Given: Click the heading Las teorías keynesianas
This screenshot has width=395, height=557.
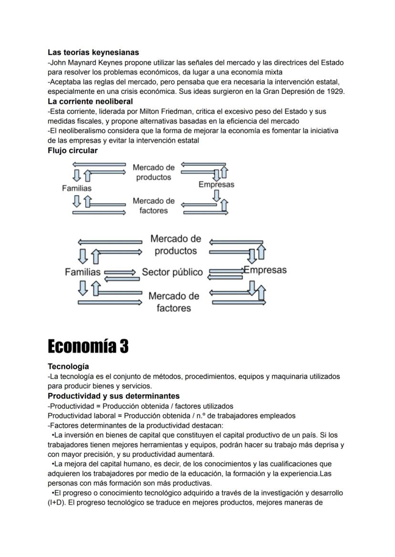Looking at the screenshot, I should [x=94, y=52].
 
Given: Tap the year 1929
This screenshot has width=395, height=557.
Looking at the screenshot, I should [x=335, y=91].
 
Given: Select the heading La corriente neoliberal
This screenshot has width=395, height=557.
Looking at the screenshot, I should [x=90, y=101].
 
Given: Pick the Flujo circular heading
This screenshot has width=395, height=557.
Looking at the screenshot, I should [x=73, y=151].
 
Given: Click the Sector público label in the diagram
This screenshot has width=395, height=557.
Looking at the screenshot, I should [x=172, y=273].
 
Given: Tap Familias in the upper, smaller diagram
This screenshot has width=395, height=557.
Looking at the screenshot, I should [x=77, y=188].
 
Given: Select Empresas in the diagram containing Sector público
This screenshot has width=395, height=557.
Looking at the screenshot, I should [x=265, y=270].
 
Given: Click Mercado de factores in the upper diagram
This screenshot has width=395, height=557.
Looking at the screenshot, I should [x=154, y=206].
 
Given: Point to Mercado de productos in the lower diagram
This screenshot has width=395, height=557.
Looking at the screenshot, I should [x=176, y=244].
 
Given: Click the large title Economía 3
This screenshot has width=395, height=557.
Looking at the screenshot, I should [x=88, y=346].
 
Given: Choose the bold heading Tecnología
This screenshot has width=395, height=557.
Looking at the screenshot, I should [x=68, y=366].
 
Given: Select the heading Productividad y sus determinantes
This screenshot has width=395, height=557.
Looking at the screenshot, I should [x=114, y=396].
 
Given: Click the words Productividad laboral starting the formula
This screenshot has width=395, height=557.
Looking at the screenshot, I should [x=82, y=415].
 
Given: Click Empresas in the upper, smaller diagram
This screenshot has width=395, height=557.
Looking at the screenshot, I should [x=216, y=184].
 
